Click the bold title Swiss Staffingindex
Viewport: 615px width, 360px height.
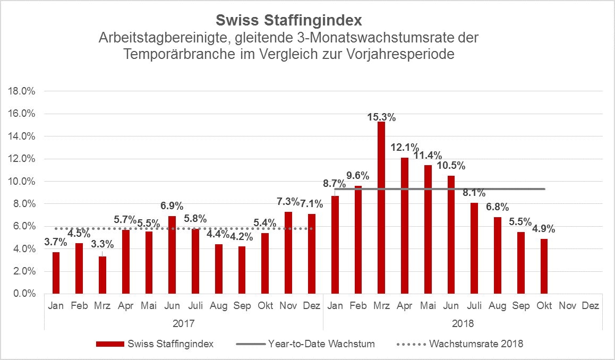(289, 21)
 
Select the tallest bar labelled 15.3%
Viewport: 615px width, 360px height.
(381, 207)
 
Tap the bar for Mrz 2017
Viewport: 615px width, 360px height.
(102, 275)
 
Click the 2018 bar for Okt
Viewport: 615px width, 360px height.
(544, 266)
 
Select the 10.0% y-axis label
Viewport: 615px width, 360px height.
(22, 182)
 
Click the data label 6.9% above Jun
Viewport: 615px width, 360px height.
(172, 205)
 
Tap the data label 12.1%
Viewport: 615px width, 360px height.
(405, 147)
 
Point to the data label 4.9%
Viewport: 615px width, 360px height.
(544, 229)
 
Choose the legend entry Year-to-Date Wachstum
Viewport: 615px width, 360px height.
(321, 344)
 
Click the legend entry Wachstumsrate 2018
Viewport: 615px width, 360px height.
(476, 344)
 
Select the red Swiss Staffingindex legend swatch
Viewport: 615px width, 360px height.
(109, 344)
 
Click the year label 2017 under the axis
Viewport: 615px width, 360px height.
(183, 323)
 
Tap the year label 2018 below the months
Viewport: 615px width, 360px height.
(463, 323)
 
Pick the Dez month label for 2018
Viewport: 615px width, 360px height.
(591, 306)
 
